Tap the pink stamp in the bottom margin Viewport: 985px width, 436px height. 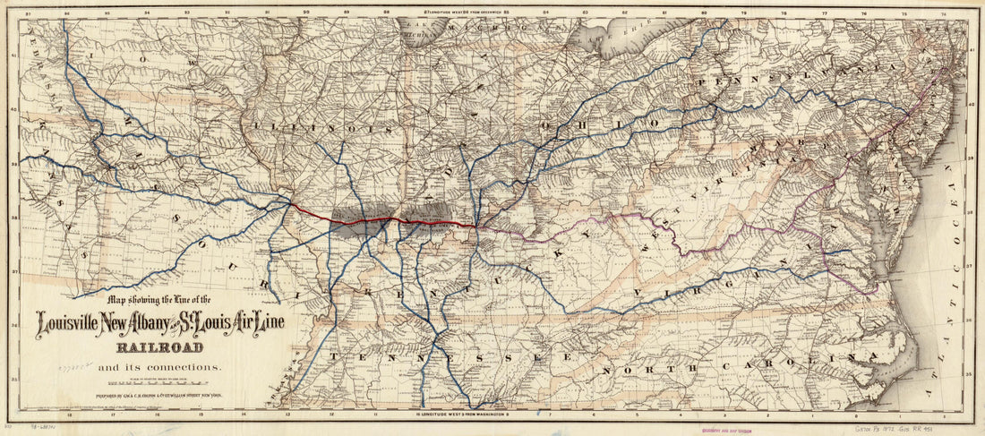(713, 428)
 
